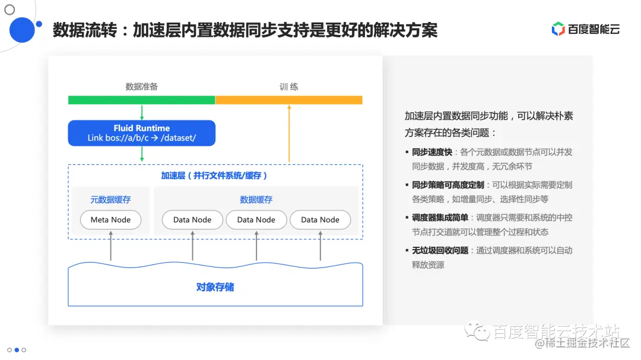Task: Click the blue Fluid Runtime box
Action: tap(141, 133)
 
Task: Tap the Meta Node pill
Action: tap(110, 219)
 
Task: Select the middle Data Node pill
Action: tap(256, 219)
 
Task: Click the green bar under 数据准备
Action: tap(141, 100)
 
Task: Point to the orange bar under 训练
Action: tap(288, 100)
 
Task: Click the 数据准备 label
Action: tap(142, 87)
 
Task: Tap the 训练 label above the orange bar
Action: tap(289, 87)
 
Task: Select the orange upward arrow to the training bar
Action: tap(289, 133)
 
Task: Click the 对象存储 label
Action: tap(215, 287)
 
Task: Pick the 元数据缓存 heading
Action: tap(110, 200)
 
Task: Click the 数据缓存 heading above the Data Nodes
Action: tap(256, 200)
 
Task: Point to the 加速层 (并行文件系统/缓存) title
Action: tap(214, 176)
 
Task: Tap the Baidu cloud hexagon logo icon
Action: tap(558, 28)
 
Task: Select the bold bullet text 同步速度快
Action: tap(432, 152)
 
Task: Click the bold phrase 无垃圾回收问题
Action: tap(440, 250)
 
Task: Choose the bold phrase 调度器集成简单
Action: tap(440, 218)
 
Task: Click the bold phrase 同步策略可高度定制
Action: tap(448, 185)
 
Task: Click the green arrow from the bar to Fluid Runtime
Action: tap(142, 112)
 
